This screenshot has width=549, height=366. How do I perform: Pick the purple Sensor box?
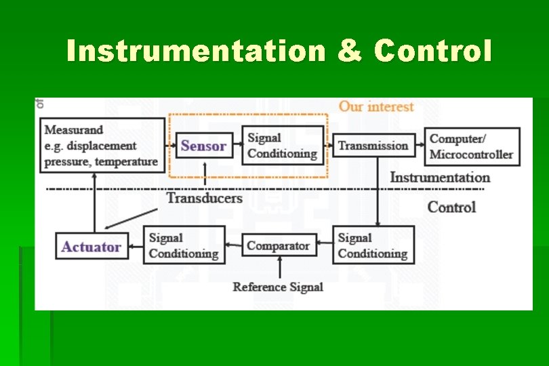tap(204, 146)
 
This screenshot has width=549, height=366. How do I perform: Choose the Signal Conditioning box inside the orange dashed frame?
tap(283, 146)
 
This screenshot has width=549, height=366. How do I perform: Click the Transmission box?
tap(373, 146)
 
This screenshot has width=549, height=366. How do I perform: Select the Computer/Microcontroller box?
tap(471, 146)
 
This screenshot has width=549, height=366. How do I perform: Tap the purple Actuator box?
tap(91, 246)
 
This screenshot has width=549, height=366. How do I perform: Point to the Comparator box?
tap(279, 245)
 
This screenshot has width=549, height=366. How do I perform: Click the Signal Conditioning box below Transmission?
tap(373, 245)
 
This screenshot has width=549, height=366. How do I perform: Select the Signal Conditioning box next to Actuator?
tap(184, 245)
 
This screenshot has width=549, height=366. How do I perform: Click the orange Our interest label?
tap(376, 106)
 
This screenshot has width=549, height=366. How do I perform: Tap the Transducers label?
tap(204, 198)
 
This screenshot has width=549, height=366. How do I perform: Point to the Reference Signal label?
tap(278, 287)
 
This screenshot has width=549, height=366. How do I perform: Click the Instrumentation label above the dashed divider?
tap(440, 178)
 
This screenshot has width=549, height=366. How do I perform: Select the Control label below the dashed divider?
tap(451, 207)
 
